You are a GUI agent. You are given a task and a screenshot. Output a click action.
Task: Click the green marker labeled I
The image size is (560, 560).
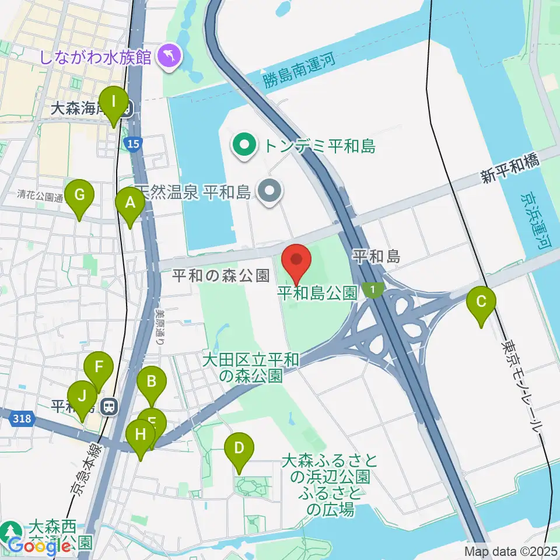114,106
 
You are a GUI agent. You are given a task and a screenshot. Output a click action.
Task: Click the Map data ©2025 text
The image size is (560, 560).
511,551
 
